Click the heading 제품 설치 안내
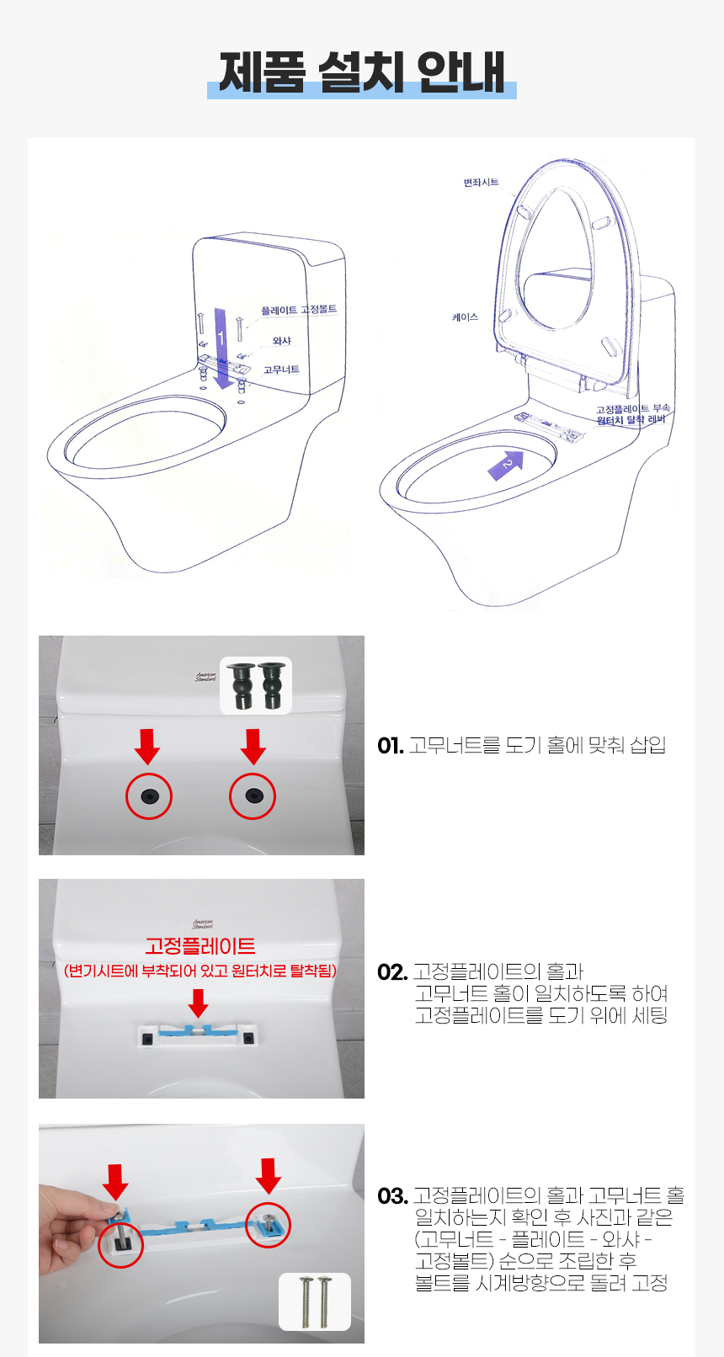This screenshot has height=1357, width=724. pos(362,72)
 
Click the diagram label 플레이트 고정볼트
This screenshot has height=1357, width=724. pos(299,310)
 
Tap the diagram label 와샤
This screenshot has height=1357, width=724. pos(282,341)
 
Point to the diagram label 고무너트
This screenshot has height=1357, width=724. pos(281,370)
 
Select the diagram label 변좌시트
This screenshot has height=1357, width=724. pos(481,183)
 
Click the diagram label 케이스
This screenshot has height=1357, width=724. pos(466,317)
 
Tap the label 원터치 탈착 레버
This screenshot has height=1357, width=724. pos(631,419)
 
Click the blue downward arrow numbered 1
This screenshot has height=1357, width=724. pos(221,349)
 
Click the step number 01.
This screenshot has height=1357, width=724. pos(390,746)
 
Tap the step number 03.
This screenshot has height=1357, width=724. pos(391,1196)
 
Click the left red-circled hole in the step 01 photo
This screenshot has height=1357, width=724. pos(149,796)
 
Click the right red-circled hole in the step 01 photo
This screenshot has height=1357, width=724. pos(253,796)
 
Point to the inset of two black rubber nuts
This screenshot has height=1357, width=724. pos(256,685)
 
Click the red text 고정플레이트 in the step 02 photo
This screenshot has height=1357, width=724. pos(200,946)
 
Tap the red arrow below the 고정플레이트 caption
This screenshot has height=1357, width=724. pos(198,1003)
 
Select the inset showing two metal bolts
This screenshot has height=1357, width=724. pos(315,1301)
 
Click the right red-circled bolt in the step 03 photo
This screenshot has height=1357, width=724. pos(268,1225)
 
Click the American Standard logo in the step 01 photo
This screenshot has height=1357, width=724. pos(205,678)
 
